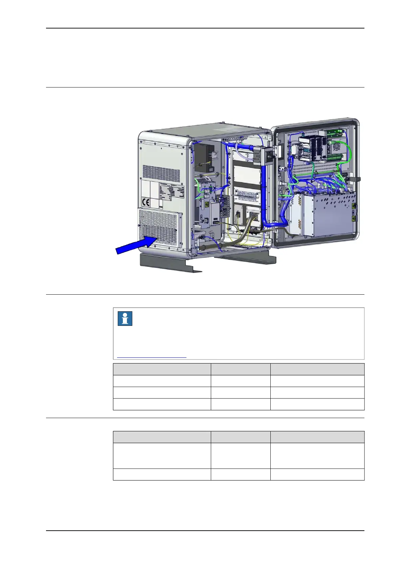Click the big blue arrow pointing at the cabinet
coord(135,245)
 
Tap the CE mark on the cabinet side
coord(146,202)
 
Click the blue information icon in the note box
coord(125,319)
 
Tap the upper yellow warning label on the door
coord(354,206)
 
